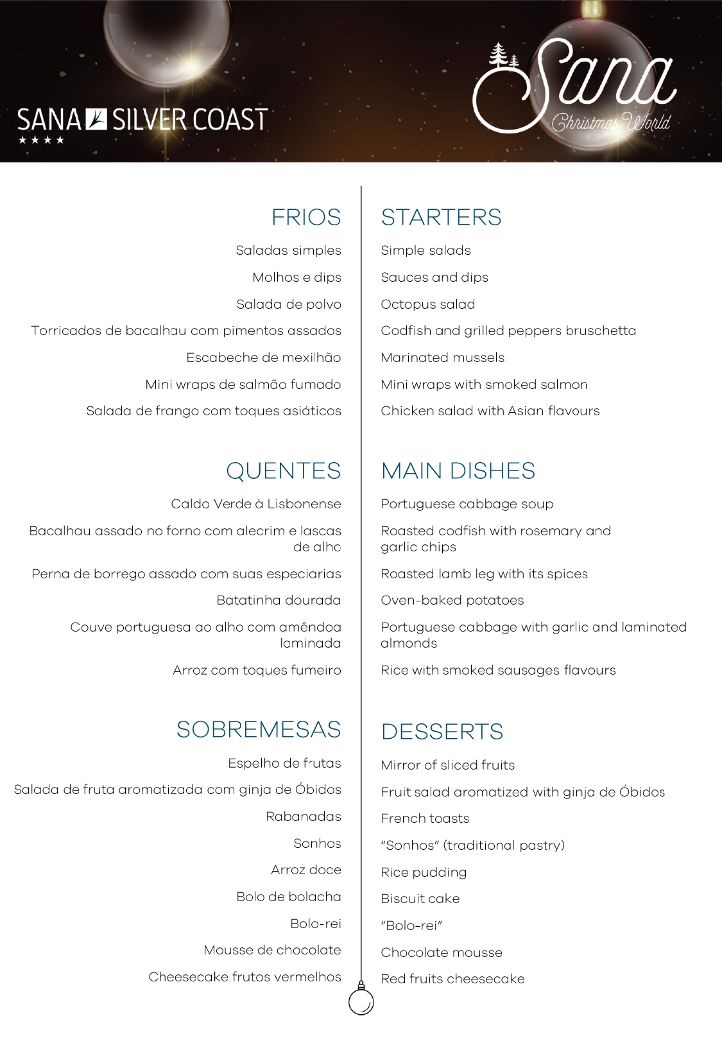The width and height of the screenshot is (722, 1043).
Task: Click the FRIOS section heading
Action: coord(306,218)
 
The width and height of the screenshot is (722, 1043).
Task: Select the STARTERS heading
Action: coord(441,218)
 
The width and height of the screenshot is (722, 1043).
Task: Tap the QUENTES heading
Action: coord(283,471)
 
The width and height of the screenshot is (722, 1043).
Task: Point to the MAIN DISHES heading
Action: coord(458,471)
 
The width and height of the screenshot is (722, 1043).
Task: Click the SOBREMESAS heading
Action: coord(259,730)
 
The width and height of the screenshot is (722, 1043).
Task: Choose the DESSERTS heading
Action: coord(442,732)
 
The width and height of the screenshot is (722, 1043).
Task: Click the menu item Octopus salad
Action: coord(427,304)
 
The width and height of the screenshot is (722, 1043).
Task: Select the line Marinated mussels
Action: coord(442,358)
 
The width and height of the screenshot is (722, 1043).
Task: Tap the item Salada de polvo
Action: coord(289,304)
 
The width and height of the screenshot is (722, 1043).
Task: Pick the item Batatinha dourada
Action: coord(279,600)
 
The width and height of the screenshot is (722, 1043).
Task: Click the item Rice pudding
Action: coord(424,872)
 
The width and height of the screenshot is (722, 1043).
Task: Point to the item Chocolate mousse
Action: coord(442,952)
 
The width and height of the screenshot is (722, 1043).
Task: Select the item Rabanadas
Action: coord(304,816)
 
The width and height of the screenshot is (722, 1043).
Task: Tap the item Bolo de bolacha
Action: coord(289,897)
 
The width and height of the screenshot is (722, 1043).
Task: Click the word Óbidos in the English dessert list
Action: coord(642,792)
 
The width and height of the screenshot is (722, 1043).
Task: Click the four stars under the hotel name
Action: coord(42,140)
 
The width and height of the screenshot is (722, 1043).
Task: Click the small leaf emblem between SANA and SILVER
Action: coord(96,119)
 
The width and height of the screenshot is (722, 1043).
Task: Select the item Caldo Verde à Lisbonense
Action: coord(256,504)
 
